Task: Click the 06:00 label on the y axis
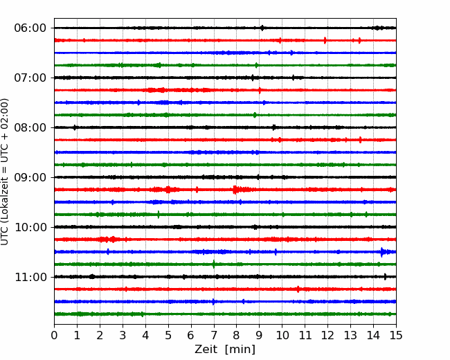click(30, 28)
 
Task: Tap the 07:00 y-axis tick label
click(30, 78)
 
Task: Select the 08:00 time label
click(30, 127)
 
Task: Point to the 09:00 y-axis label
click(30, 177)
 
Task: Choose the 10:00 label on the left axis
click(30, 227)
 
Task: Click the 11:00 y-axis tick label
click(30, 277)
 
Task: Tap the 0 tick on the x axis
click(54, 335)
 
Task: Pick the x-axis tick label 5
click(168, 335)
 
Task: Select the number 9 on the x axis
click(259, 335)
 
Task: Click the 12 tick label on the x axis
click(327, 335)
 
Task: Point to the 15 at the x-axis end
click(396, 335)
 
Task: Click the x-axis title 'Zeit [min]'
click(225, 349)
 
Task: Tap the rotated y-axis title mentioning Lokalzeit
click(5, 172)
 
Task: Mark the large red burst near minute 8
click(236, 190)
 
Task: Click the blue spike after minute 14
click(382, 252)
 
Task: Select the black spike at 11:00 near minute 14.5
click(385, 277)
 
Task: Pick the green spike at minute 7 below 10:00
click(213, 264)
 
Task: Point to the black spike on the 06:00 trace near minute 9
click(262, 28)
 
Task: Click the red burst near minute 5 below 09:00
click(168, 190)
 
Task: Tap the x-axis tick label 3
click(123, 335)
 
